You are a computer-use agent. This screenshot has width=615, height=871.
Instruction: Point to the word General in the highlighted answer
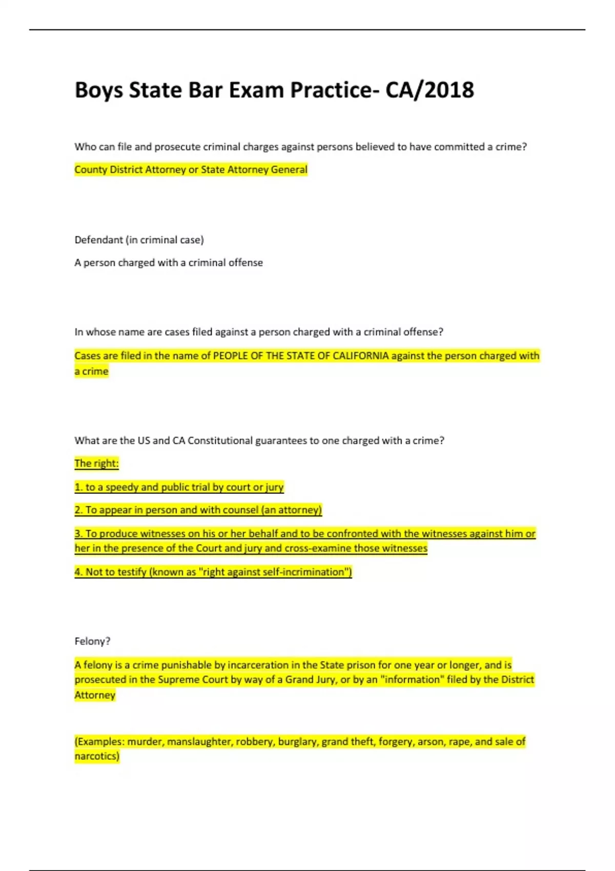[x=289, y=170]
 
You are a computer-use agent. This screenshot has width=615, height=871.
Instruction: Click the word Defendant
[x=98, y=240]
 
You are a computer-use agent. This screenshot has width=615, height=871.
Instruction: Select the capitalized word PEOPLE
[x=230, y=356]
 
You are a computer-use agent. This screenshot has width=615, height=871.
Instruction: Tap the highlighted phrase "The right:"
[x=96, y=464]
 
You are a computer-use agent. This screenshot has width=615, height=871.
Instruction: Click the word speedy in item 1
[x=121, y=487]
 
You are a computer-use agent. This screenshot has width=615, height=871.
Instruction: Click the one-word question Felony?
[x=92, y=641]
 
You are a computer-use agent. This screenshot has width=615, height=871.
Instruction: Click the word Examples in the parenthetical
[x=100, y=742]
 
